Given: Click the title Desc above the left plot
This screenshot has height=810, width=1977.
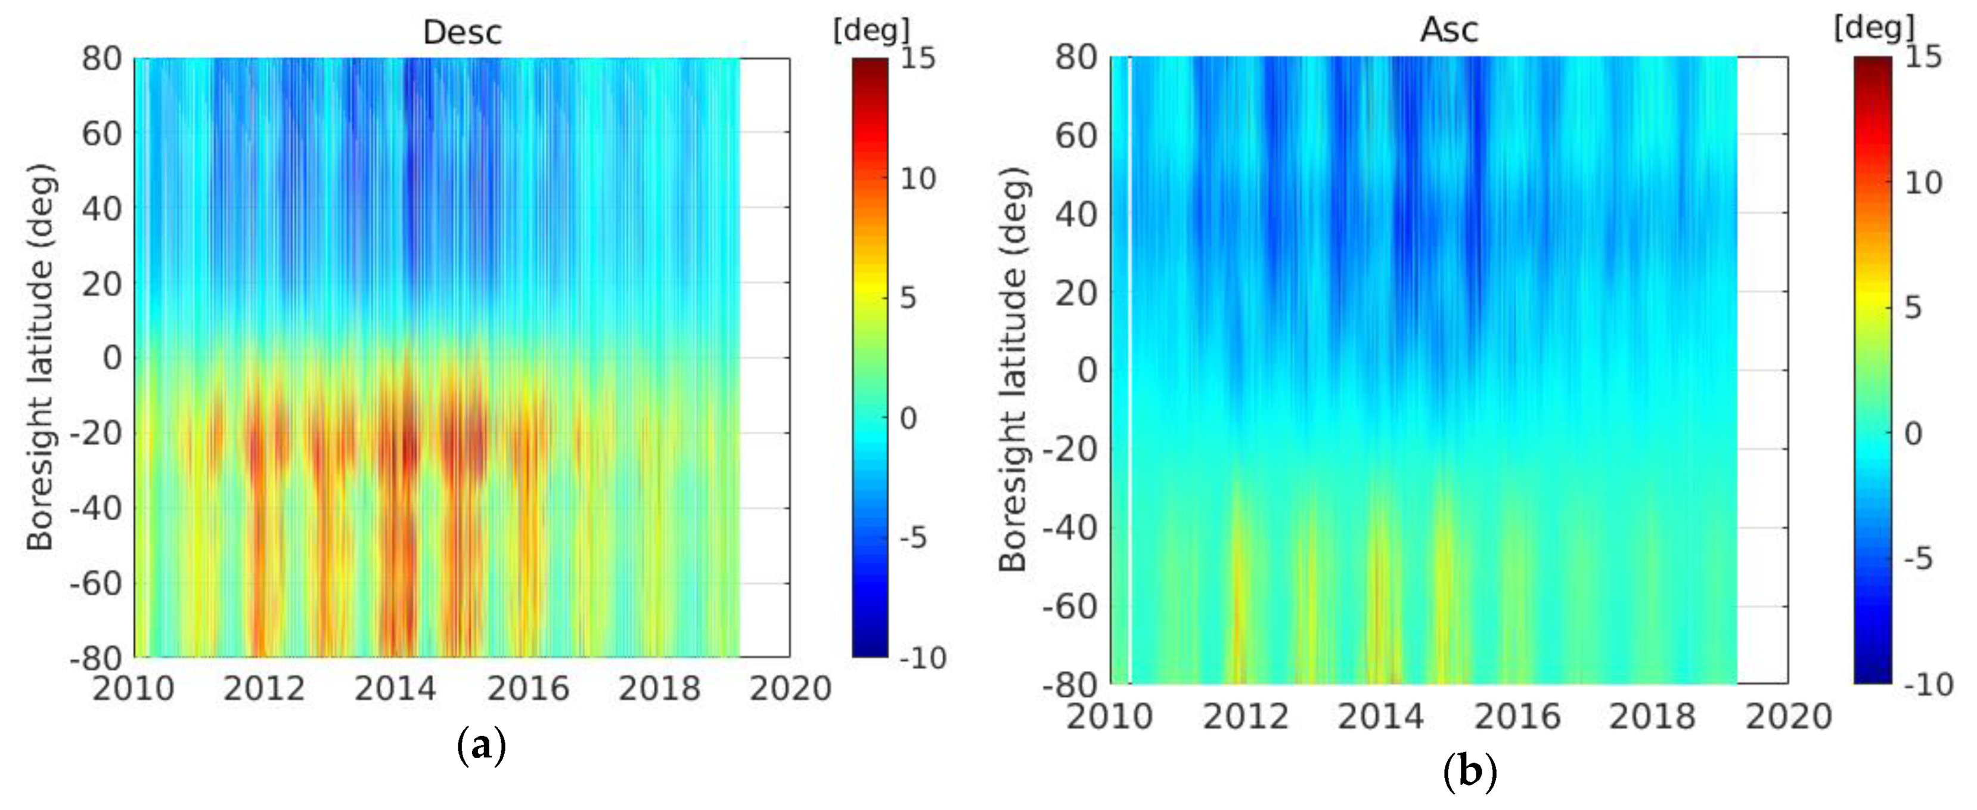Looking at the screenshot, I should pos(462,32).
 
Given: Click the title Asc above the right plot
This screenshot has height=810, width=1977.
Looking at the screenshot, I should pos(1449,30).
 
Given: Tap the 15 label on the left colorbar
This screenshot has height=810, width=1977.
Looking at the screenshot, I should pos(917,58).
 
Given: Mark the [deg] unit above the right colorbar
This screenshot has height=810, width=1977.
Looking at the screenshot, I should pos(1873,29).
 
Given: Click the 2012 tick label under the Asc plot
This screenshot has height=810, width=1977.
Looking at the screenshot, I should pos(1245,717).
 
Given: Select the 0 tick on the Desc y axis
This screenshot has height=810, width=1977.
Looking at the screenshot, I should pos(112,358).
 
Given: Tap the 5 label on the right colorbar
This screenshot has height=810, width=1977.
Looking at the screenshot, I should pos(1913,308).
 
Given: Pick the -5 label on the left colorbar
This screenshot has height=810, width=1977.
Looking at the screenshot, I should pos(913,538).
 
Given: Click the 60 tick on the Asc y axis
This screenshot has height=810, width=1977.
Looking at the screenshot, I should pos(1078,135).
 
